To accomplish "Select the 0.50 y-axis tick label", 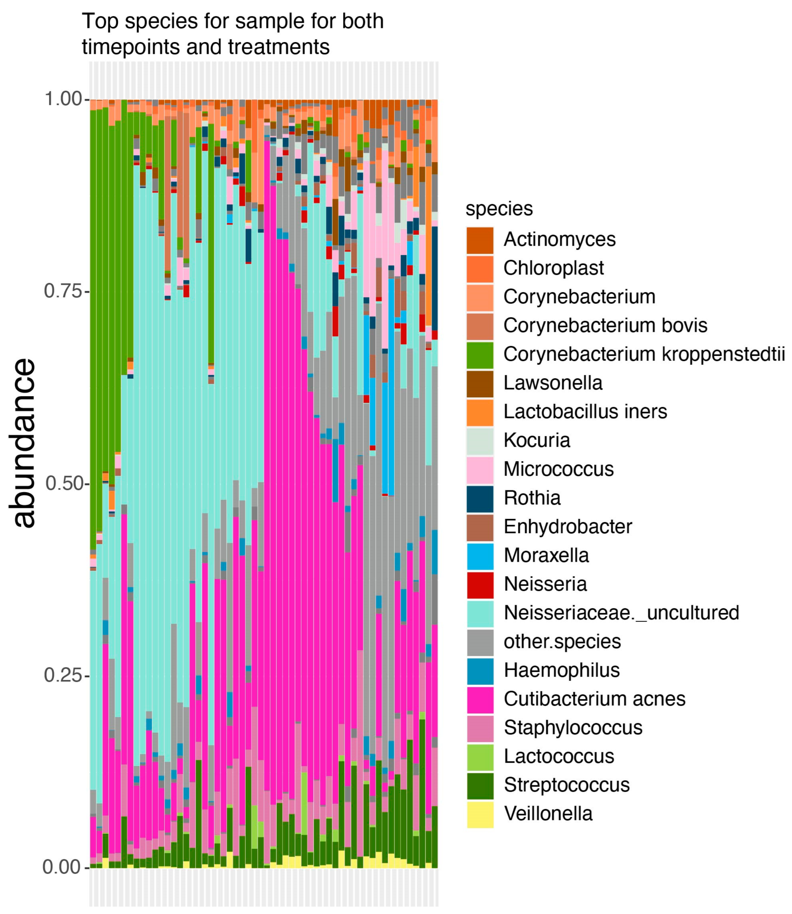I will tap(64, 483).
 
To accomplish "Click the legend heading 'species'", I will tap(499, 208).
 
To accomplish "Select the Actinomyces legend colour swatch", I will tap(480, 240).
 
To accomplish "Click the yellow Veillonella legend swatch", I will tap(480, 814).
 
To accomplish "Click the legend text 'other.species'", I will tap(562, 641).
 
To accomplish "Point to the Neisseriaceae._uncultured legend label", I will tap(621, 613).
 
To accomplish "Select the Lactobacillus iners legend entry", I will tap(585, 412).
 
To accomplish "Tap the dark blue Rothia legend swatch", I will tap(480, 498).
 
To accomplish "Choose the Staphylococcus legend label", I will tap(573, 728).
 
